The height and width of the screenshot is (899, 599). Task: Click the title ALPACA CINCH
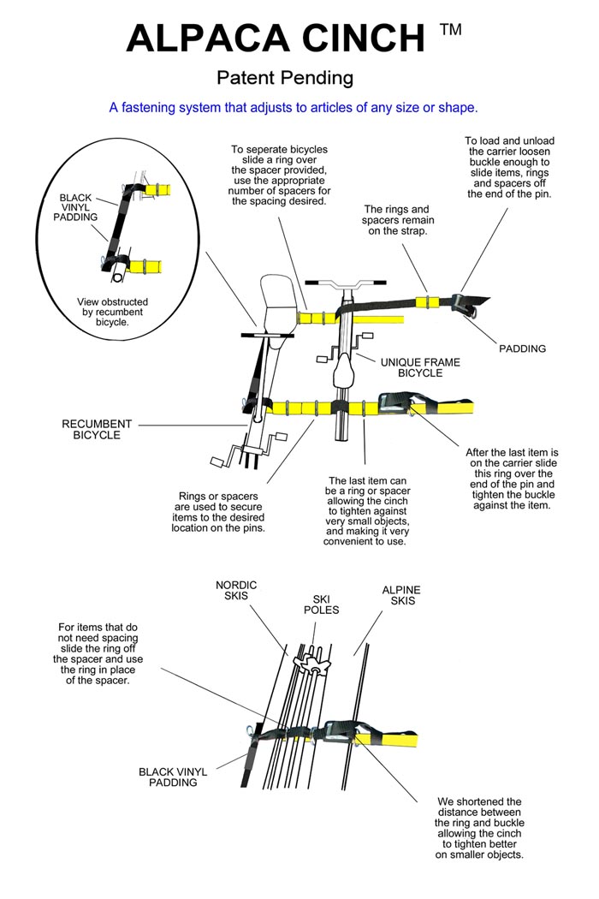pyautogui.click(x=276, y=39)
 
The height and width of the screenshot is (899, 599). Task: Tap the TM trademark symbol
pyautogui.click(x=450, y=30)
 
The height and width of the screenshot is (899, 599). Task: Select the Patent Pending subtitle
pyautogui.click(x=285, y=79)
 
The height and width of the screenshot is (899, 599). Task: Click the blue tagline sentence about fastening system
pyautogui.click(x=293, y=108)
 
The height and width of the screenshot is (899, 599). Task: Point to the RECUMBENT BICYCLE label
pyautogui.click(x=97, y=430)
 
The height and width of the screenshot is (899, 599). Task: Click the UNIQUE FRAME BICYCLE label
pyautogui.click(x=420, y=367)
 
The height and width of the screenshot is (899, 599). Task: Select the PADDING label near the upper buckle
pyautogui.click(x=521, y=348)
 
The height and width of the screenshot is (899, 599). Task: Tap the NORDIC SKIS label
pyautogui.click(x=236, y=592)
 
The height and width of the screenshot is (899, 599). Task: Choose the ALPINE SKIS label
pyautogui.click(x=400, y=596)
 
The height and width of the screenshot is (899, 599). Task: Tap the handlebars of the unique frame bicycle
pyautogui.click(x=345, y=282)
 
